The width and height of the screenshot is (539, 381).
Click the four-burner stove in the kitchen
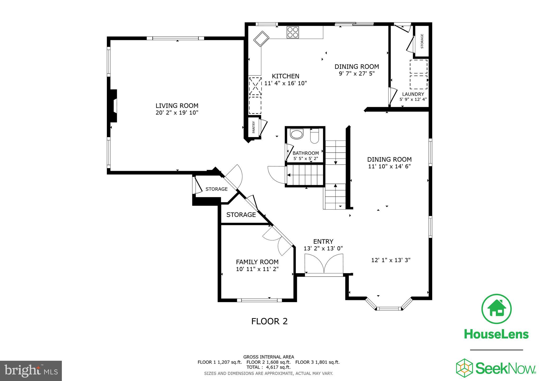(x=293, y=32)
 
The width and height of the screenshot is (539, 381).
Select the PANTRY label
(x=254, y=127)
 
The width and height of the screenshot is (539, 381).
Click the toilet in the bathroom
(x=314, y=136)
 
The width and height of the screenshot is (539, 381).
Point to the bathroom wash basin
(x=297, y=134)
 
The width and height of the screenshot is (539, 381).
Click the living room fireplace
(x=113, y=106)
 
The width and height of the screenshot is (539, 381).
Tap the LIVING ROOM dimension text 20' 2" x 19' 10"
(x=177, y=113)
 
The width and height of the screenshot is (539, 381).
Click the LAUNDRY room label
(x=413, y=94)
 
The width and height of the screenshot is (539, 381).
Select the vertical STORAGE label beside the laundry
(x=422, y=41)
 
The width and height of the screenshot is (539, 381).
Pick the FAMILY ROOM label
(x=257, y=262)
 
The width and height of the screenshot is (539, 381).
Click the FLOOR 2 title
(x=269, y=321)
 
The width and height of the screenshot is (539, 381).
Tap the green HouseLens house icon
(x=496, y=309)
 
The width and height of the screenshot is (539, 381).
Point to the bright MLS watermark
(x=31, y=371)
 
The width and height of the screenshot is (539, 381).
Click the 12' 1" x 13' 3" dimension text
(x=391, y=260)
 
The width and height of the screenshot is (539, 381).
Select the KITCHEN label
(x=285, y=76)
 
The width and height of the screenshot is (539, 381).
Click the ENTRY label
(x=323, y=242)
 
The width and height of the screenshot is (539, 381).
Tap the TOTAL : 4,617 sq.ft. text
(x=268, y=367)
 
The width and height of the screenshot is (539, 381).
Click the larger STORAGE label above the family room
(x=241, y=215)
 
